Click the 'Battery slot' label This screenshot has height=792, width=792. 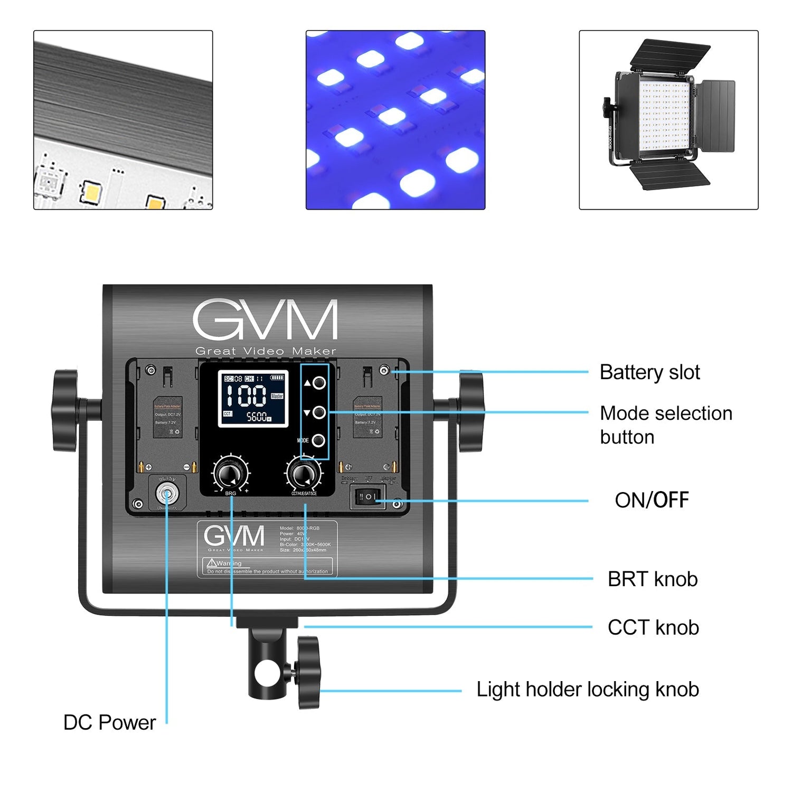pyautogui.click(x=649, y=373)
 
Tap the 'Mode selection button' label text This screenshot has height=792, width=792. pyautogui.click(x=665, y=425)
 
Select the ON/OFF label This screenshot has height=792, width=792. pyautogui.click(x=651, y=500)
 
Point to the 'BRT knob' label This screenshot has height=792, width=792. pyautogui.click(x=652, y=579)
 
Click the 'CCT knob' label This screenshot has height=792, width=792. pyautogui.click(x=653, y=628)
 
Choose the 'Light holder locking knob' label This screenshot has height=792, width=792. pyautogui.click(x=587, y=690)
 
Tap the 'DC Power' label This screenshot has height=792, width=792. pyautogui.click(x=109, y=723)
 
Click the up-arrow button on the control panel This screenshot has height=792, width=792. pyautogui.click(x=318, y=383)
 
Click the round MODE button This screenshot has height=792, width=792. pyautogui.click(x=318, y=440)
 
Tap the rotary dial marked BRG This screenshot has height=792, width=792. pyautogui.click(x=231, y=473)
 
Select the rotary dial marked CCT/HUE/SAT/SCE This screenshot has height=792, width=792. pyautogui.click(x=304, y=473)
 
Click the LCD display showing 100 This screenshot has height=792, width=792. pyautogui.click(x=253, y=399)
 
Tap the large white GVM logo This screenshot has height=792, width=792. pyautogui.click(x=265, y=320)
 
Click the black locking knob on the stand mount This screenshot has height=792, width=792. pyautogui.click(x=308, y=672)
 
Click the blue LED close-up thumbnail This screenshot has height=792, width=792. pyautogui.click(x=395, y=120)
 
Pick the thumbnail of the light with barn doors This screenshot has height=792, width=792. pyautogui.click(x=668, y=120)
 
